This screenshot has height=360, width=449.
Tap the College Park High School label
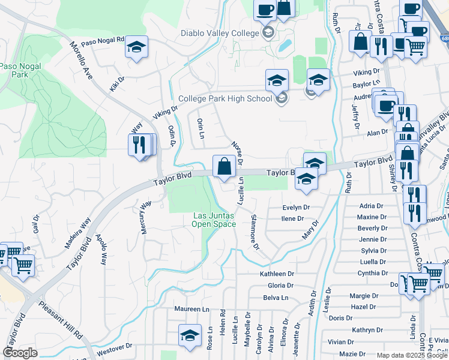click(225, 99)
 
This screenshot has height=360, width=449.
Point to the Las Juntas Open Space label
click(214, 220)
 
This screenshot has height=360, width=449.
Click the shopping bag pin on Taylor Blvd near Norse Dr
click(224, 166)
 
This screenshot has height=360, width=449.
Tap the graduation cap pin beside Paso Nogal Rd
click(137, 47)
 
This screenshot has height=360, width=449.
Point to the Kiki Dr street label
click(116, 84)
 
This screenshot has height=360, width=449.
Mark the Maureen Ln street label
click(191, 310)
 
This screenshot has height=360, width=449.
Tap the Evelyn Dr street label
click(296, 208)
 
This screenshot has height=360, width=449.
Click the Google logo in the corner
click(20, 353)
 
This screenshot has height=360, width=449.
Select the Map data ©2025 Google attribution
click(412, 355)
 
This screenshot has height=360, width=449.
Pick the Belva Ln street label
click(276, 298)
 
